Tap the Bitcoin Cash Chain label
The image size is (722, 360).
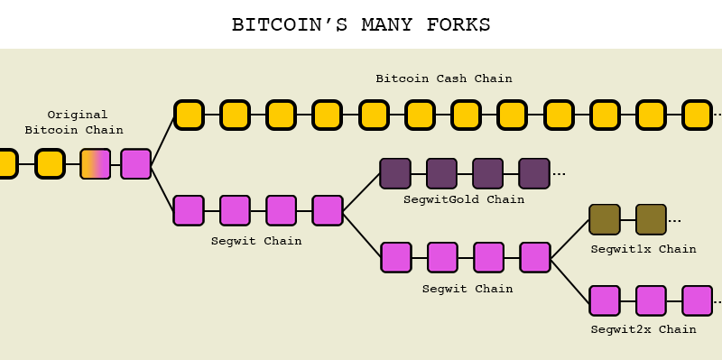pyautogui.click(x=444, y=78)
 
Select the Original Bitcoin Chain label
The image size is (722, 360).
pyautogui.click(x=77, y=123)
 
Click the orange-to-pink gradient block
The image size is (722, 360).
pyautogui.click(x=96, y=164)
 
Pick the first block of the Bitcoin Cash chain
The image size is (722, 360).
pyautogui.click(x=189, y=115)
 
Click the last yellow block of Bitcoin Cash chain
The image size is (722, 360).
pyautogui.click(x=697, y=115)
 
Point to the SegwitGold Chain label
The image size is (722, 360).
pyautogui.click(x=464, y=199)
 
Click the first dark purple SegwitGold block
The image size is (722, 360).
pyautogui.click(x=395, y=173)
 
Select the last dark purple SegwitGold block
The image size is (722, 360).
pyautogui.click(x=534, y=173)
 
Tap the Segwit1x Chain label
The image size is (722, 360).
pyautogui.click(x=643, y=249)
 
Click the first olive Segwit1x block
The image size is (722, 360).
pyautogui.click(x=604, y=219)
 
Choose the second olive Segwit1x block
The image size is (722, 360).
pyautogui.click(x=651, y=219)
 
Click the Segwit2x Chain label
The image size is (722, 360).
pyautogui.click(x=643, y=329)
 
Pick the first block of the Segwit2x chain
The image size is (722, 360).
pyautogui.click(x=605, y=300)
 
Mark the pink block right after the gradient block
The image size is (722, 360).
pyautogui.click(x=136, y=164)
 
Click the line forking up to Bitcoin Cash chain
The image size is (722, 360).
pyautogui.click(x=162, y=141)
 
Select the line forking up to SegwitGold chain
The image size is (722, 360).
pyautogui.click(x=362, y=192)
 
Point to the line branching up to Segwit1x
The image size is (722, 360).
pyautogui.click(x=569, y=239)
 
